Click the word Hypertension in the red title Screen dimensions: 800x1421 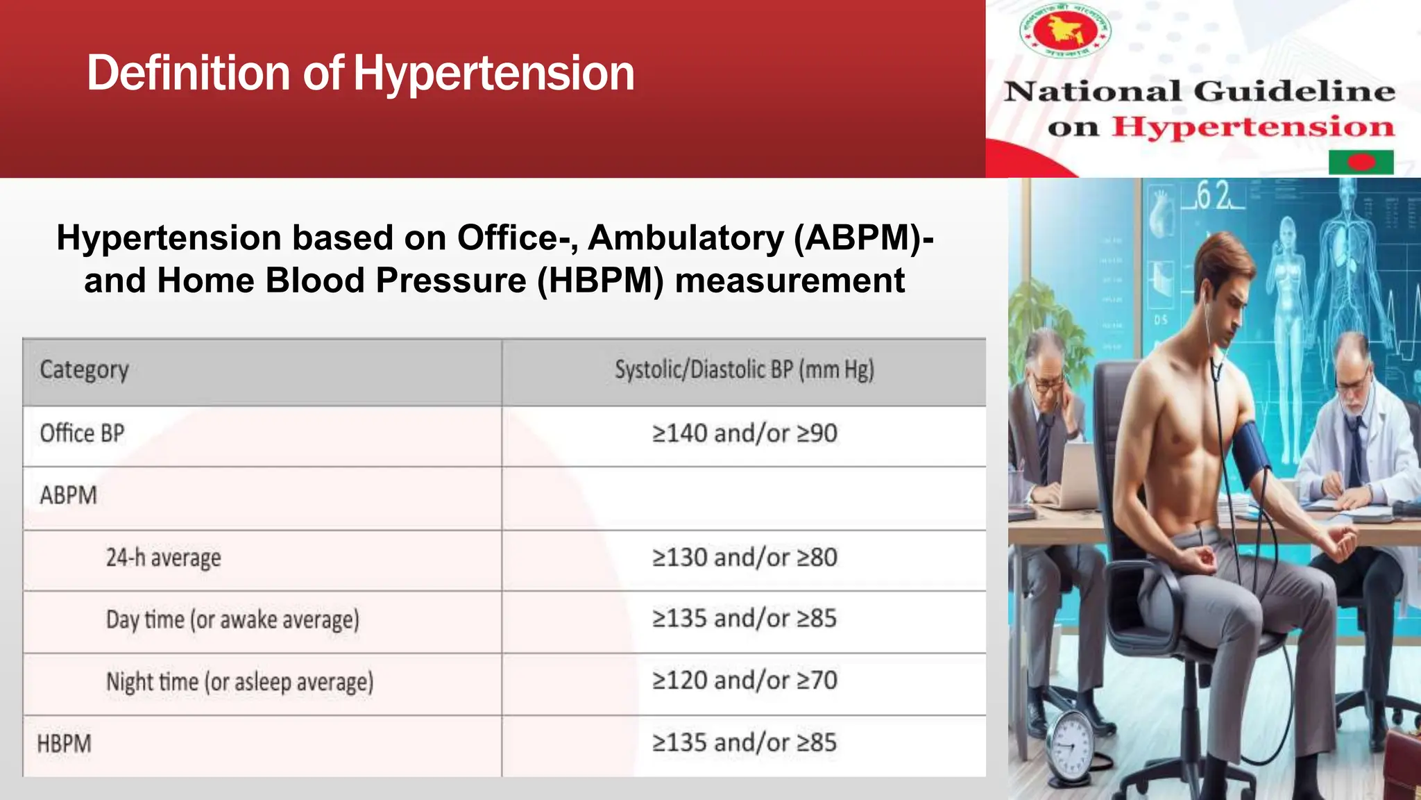pos(494,74)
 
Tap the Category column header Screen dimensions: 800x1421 pos(84,370)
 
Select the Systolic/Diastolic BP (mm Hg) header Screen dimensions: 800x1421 pos(744,370)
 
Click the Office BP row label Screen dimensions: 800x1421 pos(82,433)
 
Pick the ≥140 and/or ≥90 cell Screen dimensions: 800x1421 pos(744,433)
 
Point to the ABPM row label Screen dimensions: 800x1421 pos(68,496)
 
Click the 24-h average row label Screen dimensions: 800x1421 pos(163,558)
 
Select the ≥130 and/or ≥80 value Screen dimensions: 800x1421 pos(744,558)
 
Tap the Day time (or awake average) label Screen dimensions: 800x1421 pos(232,619)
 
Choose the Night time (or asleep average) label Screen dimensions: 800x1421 pos(239,682)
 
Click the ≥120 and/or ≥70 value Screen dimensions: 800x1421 pos(744,681)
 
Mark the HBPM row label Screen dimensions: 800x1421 pos(64,744)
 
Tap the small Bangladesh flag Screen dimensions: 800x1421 pos(1361,162)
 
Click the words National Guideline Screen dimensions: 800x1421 pos(1199,92)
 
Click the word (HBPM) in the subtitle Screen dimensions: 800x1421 pos(600,281)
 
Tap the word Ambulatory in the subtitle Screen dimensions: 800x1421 pos(686,238)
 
